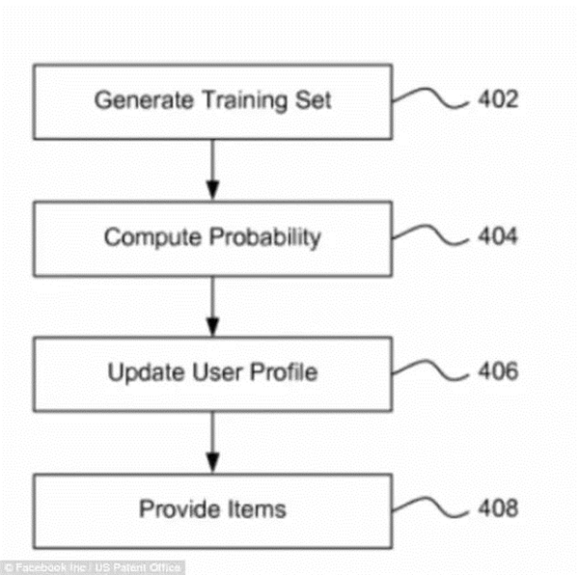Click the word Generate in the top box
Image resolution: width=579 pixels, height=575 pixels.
[144, 100]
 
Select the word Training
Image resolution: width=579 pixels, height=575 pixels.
[245, 100]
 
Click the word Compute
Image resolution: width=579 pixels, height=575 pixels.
[152, 237]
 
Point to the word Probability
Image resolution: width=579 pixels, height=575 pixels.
[265, 237]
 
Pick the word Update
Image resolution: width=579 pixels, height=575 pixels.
[146, 372]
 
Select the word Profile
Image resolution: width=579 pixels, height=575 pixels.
[284, 371]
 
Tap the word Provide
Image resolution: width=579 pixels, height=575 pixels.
[179, 509]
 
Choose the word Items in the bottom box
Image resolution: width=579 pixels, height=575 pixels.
[257, 509]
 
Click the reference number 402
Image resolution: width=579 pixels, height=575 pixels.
[498, 99]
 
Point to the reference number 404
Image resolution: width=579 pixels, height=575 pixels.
[498, 235]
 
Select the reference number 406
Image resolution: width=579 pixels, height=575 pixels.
[498, 370]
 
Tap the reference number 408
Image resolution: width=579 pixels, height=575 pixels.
[498, 508]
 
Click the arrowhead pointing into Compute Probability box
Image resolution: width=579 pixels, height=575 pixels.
[212, 190]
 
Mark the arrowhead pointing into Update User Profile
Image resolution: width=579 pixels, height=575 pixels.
[212, 327]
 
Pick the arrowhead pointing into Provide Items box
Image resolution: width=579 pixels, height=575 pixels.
[212, 463]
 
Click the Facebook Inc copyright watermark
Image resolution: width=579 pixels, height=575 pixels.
[93, 567]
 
